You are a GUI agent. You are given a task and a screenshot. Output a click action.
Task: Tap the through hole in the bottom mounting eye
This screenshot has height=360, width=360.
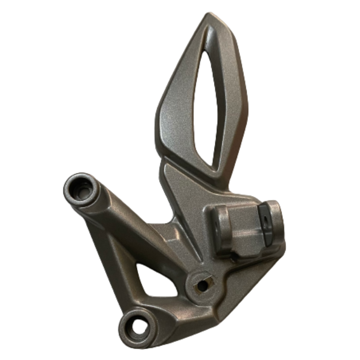[138, 325]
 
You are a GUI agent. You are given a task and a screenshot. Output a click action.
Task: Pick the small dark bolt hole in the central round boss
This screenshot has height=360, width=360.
[203, 286]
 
